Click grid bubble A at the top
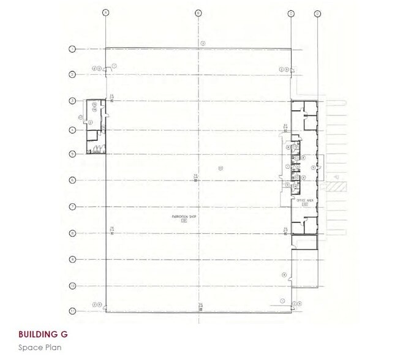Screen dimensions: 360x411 (x=106, y=12)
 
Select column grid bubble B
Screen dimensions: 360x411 (x=198, y=12)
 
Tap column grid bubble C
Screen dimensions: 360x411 (x=291, y=12)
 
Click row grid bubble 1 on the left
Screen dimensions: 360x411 (x=72, y=48)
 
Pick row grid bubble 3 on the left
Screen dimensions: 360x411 (x=72, y=100)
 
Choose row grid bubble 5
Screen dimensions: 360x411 (x=72, y=154)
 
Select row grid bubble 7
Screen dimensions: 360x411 (x=72, y=207)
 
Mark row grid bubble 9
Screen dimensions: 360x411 (x=72, y=260)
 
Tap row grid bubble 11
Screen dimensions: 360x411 (x=72, y=311)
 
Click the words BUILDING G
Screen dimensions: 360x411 (x=43, y=335)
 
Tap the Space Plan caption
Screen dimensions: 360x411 (x=40, y=347)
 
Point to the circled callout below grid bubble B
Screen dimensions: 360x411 (x=203, y=42)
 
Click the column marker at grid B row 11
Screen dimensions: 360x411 (x=200, y=306)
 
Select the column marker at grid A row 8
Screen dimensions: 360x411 (x=112, y=230)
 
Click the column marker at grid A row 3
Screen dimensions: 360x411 (x=112, y=98)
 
